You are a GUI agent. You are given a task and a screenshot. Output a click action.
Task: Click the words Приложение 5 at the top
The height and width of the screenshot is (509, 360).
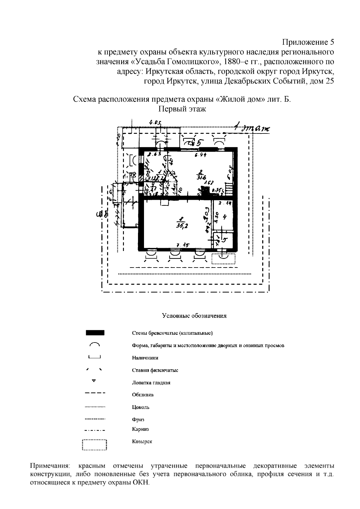[308, 41]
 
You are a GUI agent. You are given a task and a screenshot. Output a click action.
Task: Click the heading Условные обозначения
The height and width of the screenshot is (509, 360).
[194, 316]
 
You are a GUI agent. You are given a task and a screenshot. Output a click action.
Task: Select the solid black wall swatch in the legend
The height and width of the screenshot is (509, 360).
[95, 333]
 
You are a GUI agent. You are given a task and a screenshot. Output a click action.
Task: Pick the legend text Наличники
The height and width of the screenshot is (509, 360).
[145, 358]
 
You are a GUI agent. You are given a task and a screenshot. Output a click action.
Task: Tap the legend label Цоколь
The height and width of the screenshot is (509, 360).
[140, 407]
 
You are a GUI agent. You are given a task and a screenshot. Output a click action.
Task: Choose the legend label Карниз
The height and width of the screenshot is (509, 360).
[140, 429]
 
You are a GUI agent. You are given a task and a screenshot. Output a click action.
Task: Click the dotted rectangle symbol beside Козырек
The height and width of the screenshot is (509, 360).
[94, 445]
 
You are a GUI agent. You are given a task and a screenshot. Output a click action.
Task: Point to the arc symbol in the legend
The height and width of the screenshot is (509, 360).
[94, 344]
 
